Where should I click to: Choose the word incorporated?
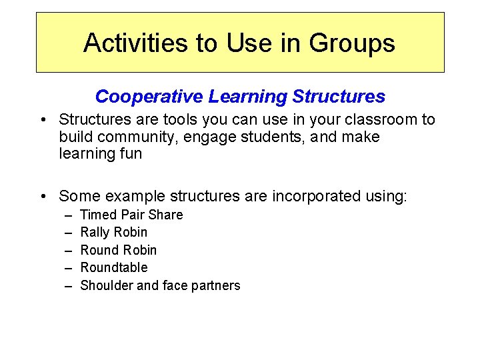305,196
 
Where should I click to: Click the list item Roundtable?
114,267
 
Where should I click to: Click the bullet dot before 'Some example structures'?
43,196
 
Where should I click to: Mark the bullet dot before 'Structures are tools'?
43,120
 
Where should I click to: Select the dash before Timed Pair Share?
68,215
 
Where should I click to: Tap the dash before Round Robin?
68,250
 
